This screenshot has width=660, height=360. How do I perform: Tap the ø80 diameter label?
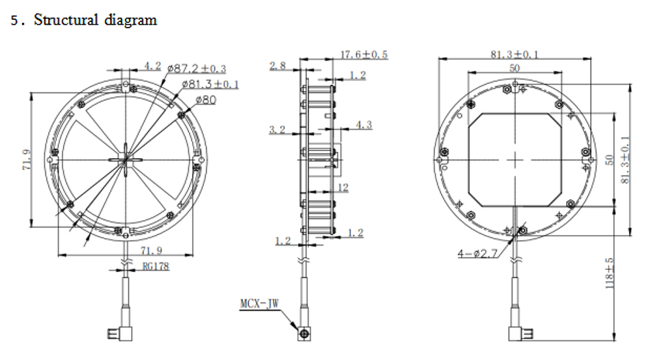coord(204,100)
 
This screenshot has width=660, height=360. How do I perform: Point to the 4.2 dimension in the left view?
coord(153,66)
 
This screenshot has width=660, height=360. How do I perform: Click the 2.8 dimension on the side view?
coord(277,66)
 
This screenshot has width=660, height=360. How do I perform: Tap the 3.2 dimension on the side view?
coord(277,129)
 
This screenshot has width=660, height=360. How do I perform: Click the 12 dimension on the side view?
coord(343,188)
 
